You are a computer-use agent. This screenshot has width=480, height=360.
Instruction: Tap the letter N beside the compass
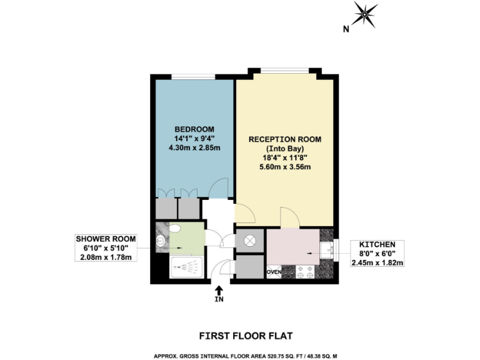[346, 28]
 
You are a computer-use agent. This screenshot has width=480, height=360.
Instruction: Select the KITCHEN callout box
[377, 253]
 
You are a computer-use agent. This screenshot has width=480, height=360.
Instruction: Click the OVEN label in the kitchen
[273, 272]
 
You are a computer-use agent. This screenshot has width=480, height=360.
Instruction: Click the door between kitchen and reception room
[289, 219]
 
